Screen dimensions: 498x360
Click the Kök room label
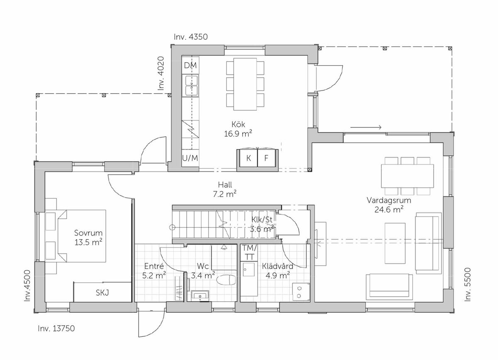238,124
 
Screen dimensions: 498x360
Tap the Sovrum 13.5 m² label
88,238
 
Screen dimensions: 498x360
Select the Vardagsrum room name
389,200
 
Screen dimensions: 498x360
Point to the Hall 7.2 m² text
225,189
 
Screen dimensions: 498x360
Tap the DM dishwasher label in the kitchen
190,66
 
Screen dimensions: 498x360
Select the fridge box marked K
248,158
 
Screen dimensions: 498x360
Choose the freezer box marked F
266,158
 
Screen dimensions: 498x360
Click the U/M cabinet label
190,158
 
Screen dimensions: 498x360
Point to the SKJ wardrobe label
102,293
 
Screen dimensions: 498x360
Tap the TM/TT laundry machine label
249,252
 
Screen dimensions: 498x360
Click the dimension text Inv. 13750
56,328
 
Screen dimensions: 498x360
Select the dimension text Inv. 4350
191,37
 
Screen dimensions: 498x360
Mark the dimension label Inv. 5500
468,284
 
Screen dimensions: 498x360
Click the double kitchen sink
191,86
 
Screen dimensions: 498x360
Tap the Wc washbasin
200,296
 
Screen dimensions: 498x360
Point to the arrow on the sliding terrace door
366,127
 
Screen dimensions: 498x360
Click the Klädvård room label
278,266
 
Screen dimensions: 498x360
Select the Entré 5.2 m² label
154,271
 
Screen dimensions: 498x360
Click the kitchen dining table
245,84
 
